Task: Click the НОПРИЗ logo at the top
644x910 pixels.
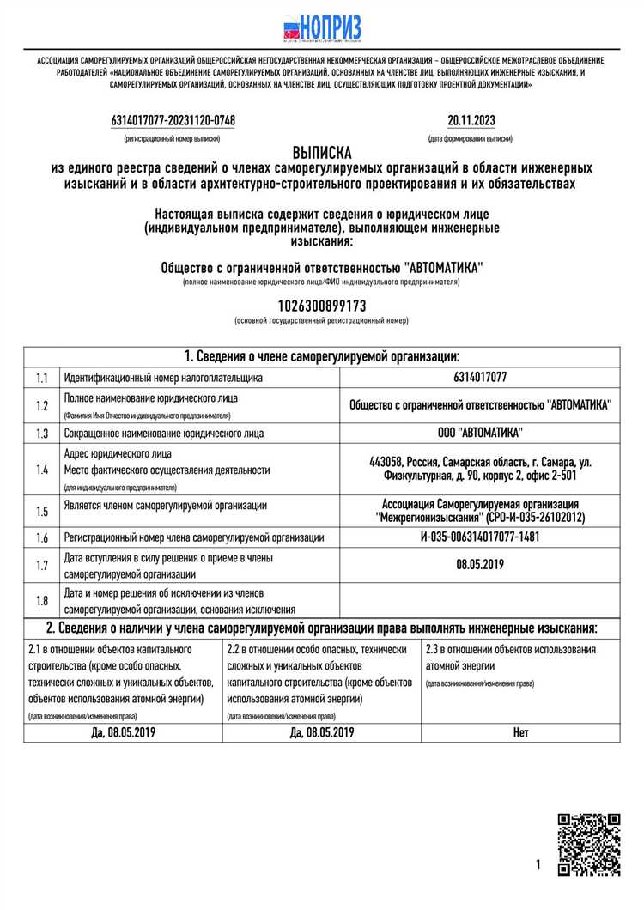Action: point(322,27)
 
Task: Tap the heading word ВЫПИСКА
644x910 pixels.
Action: point(322,153)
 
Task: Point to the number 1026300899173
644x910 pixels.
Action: point(322,306)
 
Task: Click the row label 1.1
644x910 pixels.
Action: point(42,378)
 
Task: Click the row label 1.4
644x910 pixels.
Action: point(42,470)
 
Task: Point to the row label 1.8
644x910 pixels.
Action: point(42,601)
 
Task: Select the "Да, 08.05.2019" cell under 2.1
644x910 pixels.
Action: point(123,732)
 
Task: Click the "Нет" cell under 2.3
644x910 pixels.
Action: point(520,732)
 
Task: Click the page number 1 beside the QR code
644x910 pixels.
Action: point(538,864)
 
